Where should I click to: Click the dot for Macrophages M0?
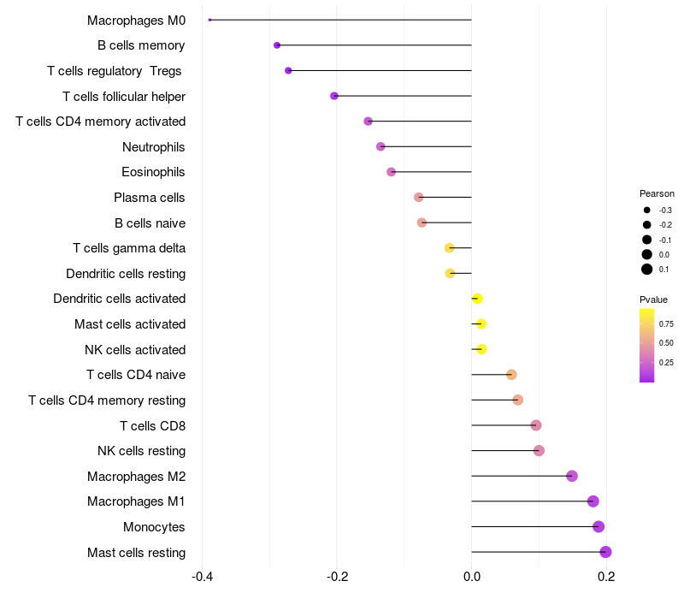click(209, 20)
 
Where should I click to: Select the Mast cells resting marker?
click(605, 552)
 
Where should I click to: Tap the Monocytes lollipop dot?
click(598, 526)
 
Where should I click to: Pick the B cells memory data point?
click(277, 45)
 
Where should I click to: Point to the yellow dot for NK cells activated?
click(481, 349)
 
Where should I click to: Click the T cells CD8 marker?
click(536, 425)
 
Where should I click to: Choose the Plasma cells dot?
click(419, 198)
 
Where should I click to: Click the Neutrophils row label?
click(154, 147)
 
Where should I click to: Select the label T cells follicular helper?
click(124, 96)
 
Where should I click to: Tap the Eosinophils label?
click(154, 172)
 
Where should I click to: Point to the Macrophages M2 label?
click(137, 476)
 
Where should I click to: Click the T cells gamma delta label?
click(129, 248)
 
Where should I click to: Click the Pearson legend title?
click(657, 193)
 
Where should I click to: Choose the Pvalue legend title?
click(654, 299)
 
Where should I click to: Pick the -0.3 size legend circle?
click(647, 210)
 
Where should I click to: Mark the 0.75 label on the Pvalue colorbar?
click(666, 323)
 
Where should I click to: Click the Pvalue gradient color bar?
click(647, 345)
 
